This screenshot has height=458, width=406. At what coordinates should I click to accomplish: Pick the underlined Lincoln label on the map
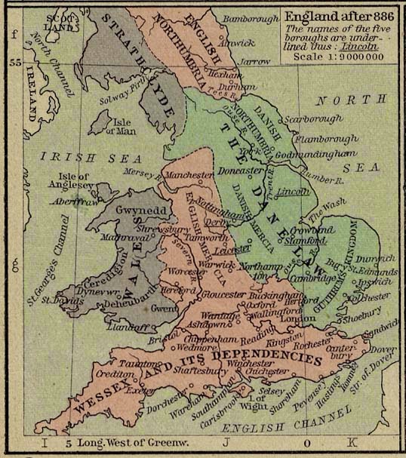tap(293, 192)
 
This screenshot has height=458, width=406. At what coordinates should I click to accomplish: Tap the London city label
tap(287, 318)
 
